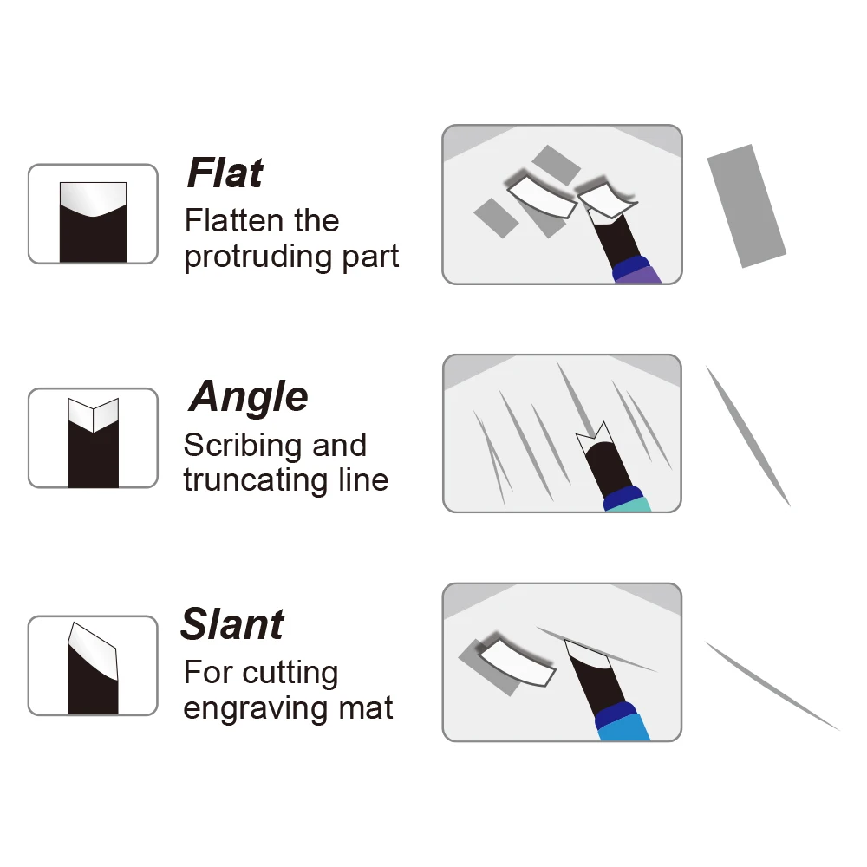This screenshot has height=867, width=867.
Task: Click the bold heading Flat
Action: coord(225,173)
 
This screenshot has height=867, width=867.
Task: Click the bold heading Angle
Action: coord(248,396)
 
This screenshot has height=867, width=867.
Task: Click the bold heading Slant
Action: coord(232,624)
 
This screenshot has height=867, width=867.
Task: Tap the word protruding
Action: coord(257,257)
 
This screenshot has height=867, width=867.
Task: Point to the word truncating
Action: coord(256,480)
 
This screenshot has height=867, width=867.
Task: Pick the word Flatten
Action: coord(234,220)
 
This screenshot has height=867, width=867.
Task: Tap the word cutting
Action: coord(290,674)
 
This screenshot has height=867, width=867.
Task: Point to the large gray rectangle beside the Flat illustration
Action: coord(746,205)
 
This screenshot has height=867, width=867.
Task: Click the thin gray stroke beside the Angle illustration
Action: coord(747,435)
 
